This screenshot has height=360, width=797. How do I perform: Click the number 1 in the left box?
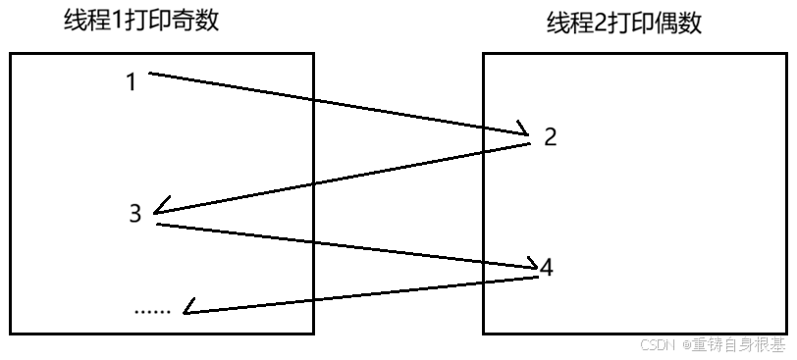132,82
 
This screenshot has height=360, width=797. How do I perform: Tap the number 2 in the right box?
551,137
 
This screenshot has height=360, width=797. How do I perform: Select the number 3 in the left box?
135,213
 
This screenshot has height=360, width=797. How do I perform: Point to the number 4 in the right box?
547,267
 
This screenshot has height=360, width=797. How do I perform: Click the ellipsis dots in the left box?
152,310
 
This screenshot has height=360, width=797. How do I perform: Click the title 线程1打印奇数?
141,21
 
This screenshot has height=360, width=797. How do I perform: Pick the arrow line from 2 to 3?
344,178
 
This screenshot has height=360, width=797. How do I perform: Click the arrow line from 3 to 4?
344,244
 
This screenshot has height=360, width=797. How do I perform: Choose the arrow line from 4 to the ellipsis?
363,294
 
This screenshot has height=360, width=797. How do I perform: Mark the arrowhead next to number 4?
531,265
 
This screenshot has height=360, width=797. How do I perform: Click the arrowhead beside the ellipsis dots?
188,311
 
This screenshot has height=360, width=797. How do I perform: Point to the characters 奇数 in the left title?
198,21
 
